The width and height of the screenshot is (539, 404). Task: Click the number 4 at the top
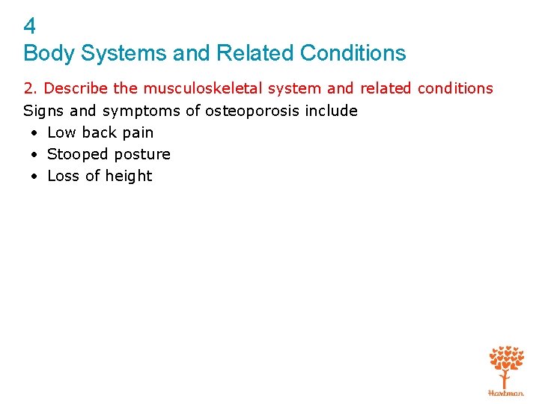tap(30, 27)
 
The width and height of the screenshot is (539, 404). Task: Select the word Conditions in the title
tap(353, 54)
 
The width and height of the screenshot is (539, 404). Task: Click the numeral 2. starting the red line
tap(31, 89)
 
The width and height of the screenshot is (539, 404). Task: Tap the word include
tap(331, 111)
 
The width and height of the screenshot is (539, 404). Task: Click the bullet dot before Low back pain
tap(34, 133)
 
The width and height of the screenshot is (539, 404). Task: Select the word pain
tap(137, 133)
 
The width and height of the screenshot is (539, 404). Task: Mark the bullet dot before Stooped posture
tap(34, 155)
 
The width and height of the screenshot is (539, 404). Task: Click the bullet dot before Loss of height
tap(34, 177)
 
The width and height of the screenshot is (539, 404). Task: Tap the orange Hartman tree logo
tap(506, 368)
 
